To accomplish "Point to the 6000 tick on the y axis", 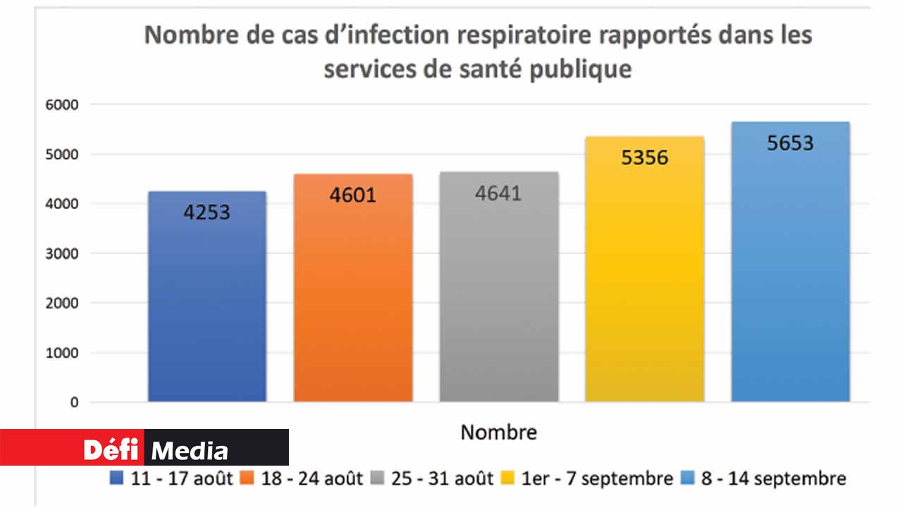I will pyautogui.click(x=63, y=104).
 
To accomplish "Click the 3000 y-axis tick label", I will pyautogui.click(x=63, y=253).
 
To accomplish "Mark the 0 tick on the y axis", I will pyautogui.click(x=74, y=402).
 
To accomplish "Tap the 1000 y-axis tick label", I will pyautogui.click(x=63, y=353).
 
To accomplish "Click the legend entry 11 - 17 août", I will pyautogui.click(x=172, y=478).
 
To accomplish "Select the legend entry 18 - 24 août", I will pyautogui.click(x=303, y=478).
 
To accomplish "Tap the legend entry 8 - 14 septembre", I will pyautogui.click(x=765, y=478).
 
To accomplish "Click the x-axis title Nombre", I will pyautogui.click(x=498, y=432).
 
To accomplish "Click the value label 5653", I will pyautogui.click(x=790, y=143).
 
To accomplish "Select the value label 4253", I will pyautogui.click(x=207, y=212).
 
